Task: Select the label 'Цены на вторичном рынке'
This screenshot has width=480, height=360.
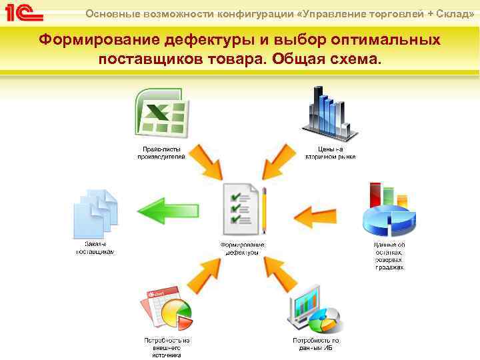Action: click(x=331, y=153)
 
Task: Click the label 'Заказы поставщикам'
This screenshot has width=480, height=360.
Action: click(x=95, y=249)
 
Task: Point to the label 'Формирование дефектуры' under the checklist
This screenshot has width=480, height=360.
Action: click(x=243, y=249)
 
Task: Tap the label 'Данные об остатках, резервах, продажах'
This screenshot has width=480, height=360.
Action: click(x=389, y=256)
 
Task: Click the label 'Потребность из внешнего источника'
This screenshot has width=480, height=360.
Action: click(x=167, y=347)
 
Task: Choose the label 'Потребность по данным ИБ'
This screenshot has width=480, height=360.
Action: click(x=316, y=344)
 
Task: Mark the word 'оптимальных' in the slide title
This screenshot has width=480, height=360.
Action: click(x=386, y=40)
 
